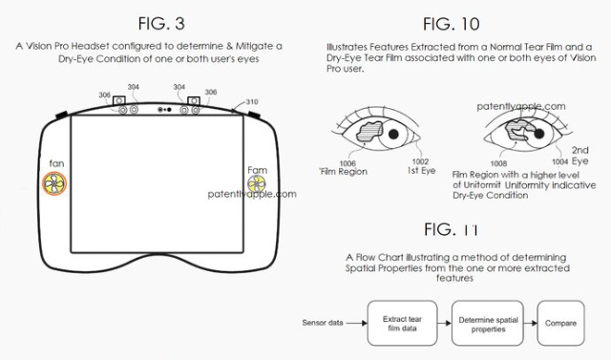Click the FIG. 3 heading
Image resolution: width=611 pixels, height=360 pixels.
pos(161,23)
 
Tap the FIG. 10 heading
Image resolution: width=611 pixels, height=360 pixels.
pos(452,24)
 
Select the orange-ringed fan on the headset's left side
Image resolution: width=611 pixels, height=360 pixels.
pos(54,183)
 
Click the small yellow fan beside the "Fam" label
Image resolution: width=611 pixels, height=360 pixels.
pos(257,184)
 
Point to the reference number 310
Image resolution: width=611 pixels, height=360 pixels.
pos(252,101)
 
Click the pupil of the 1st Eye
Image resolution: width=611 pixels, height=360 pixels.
pos(393,134)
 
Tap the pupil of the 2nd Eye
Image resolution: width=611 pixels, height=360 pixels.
pos(538,134)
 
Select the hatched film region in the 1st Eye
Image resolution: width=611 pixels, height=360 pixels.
pos(369,131)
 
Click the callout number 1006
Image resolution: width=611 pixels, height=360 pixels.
pos(348,163)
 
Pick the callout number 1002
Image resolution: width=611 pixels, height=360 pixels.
pos(420,161)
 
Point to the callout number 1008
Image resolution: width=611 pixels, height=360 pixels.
pos(498,163)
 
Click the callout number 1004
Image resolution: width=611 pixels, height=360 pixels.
pos(560,161)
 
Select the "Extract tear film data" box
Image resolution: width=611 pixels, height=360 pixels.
pos(402,323)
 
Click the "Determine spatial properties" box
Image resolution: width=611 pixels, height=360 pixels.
pos(488,323)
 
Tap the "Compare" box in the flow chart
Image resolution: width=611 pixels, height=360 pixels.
pos(560,323)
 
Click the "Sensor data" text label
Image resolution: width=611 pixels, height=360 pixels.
pos(323,323)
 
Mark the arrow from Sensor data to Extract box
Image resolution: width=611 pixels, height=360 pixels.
pos(356,323)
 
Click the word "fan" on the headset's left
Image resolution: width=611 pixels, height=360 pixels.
pos(56,163)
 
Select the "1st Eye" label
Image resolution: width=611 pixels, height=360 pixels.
pos(421,170)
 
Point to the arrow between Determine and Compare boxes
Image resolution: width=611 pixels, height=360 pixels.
pos(531,323)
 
